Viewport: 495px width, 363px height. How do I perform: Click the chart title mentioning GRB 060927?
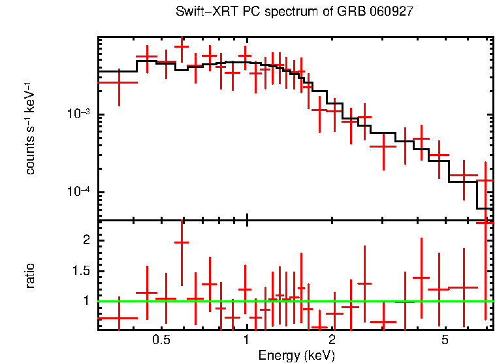[x=295, y=12]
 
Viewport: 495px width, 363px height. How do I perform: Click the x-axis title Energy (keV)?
[x=296, y=355]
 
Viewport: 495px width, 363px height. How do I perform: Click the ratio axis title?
[x=30, y=276]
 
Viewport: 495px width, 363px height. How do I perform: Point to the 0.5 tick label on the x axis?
[x=161, y=340]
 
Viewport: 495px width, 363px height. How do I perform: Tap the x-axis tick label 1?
[x=246, y=340]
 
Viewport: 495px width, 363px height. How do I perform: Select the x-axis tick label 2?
[x=332, y=340]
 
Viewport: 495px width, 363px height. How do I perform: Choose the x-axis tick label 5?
[x=445, y=340]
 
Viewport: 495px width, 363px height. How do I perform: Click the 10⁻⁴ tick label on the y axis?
[x=80, y=192]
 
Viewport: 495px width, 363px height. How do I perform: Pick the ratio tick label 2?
[x=84, y=240]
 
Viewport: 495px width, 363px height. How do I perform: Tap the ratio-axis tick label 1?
[x=84, y=301]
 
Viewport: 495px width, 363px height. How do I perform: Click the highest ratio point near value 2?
[x=182, y=242]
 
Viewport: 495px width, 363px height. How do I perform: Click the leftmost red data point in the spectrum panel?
[x=118, y=83]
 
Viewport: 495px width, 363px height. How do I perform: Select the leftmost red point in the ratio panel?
[x=118, y=318]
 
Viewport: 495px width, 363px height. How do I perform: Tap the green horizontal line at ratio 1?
[x=294, y=301]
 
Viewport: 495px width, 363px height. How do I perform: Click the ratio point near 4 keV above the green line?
[x=421, y=278]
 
